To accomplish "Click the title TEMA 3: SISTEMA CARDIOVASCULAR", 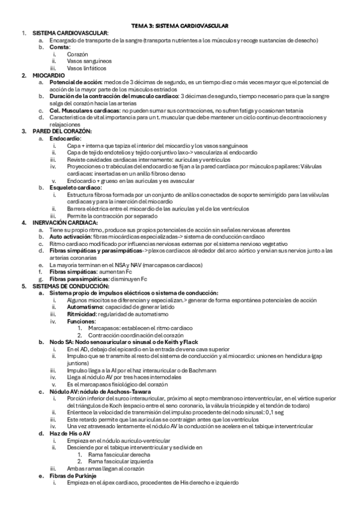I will click(x=180, y=26).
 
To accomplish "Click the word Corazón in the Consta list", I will click(x=78, y=54).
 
